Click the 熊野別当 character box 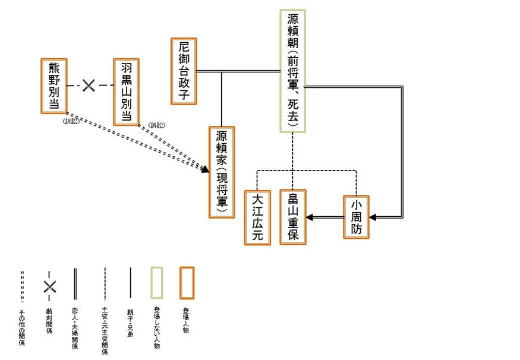[53, 85]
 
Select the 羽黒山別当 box [125, 91]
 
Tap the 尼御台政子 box [184, 71]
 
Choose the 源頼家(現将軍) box [222, 172]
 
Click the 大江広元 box [257, 217]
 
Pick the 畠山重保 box [293, 217]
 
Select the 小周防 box [356, 217]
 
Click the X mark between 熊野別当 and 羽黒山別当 [89, 86]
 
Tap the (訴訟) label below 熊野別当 [71, 122]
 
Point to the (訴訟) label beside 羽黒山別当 [157, 125]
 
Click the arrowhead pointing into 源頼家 [206, 170]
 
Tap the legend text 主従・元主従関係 [105, 330]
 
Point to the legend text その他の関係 [22, 327]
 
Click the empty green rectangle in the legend [157, 283]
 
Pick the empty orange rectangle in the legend [187, 283]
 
